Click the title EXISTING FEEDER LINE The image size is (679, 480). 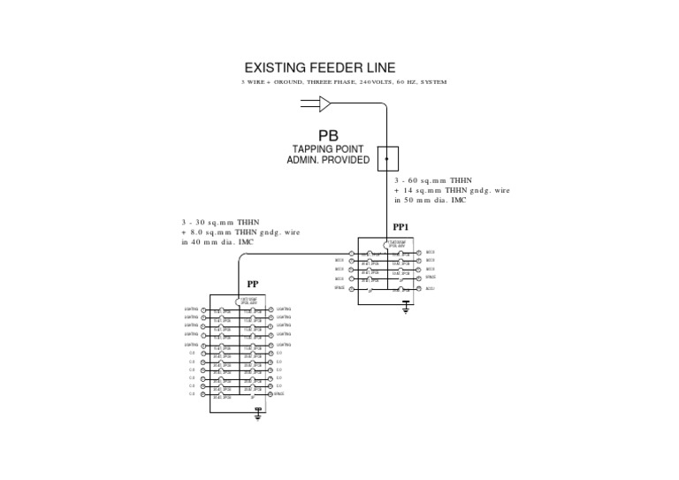[319, 68]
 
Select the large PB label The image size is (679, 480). [329, 135]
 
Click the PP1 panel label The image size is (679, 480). [401, 227]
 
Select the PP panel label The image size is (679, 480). [253, 285]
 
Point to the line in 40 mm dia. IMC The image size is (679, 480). [217, 241]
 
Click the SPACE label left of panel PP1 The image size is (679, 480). [339, 287]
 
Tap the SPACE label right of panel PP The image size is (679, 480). [278, 393]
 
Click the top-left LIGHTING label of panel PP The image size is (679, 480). [191, 309]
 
